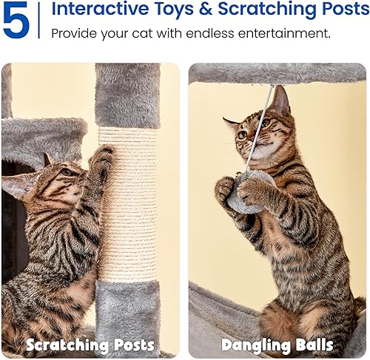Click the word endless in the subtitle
tap(217, 34)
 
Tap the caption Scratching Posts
tap(90, 344)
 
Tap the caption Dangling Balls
tap(277, 344)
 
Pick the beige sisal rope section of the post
tap(127, 207)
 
